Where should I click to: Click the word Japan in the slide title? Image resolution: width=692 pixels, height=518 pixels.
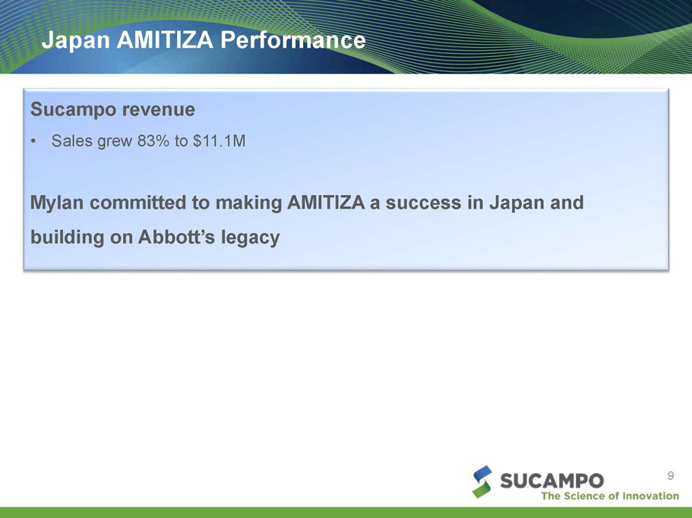pyautogui.click(x=75, y=40)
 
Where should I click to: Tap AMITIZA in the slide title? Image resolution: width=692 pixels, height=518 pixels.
pyautogui.click(x=165, y=39)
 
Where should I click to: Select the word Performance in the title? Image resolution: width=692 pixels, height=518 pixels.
pyautogui.click(x=293, y=39)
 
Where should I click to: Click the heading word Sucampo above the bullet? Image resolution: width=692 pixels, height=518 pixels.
pyautogui.click(x=73, y=110)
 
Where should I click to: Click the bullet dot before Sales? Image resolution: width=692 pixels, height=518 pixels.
pyautogui.click(x=33, y=141)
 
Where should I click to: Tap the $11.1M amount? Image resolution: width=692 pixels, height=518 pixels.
pyautogui.click(x=219, y=141)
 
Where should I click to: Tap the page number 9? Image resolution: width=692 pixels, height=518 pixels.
pyautogui.click(x=671, y=476)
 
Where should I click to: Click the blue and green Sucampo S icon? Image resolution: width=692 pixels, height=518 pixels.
pyautogui.click(x=482, y=482)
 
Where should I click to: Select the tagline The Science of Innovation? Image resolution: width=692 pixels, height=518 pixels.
pyautogui.click(x=610, y=496)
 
